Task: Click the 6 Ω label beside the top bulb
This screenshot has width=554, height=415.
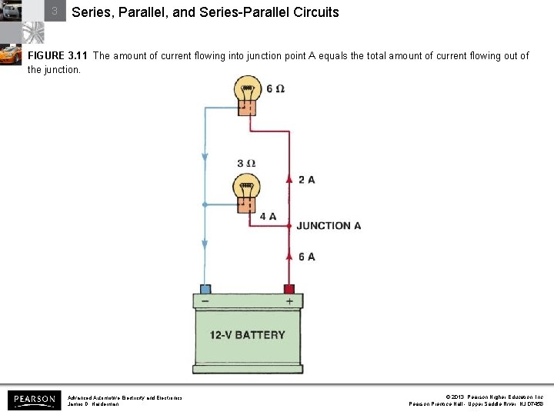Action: [x=275, y=88]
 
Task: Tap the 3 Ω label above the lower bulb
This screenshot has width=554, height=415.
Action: [x=246, y=164]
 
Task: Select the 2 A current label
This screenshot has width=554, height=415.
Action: [x=306, y=180]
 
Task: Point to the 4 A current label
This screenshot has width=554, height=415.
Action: [x=268, y=217]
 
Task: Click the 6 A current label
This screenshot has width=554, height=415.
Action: [x=306, y=256]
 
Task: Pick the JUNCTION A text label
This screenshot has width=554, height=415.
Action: [x=329, y=226]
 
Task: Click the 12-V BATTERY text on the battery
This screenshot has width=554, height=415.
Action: [x=247, y=335]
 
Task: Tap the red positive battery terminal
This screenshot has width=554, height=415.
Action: [x=289, y=289]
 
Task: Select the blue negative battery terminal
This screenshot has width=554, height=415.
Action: [x=205, y=289]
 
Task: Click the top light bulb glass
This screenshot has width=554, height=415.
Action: [x=248, y=87]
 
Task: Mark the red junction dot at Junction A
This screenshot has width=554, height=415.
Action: [x=289, y=226]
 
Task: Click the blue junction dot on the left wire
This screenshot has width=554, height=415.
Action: [x=205, y=204]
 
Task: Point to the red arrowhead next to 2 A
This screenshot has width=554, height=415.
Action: [x=289, y=179]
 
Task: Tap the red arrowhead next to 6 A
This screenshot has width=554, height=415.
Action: [x=289, y=255]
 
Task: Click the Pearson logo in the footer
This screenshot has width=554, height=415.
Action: [x=35, y=400]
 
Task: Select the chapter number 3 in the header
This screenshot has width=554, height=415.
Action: [x=55, y=12]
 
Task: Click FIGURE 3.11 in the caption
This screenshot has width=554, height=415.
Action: [x=58, y=56]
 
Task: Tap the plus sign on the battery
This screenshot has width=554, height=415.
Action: [x=289, y=302]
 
